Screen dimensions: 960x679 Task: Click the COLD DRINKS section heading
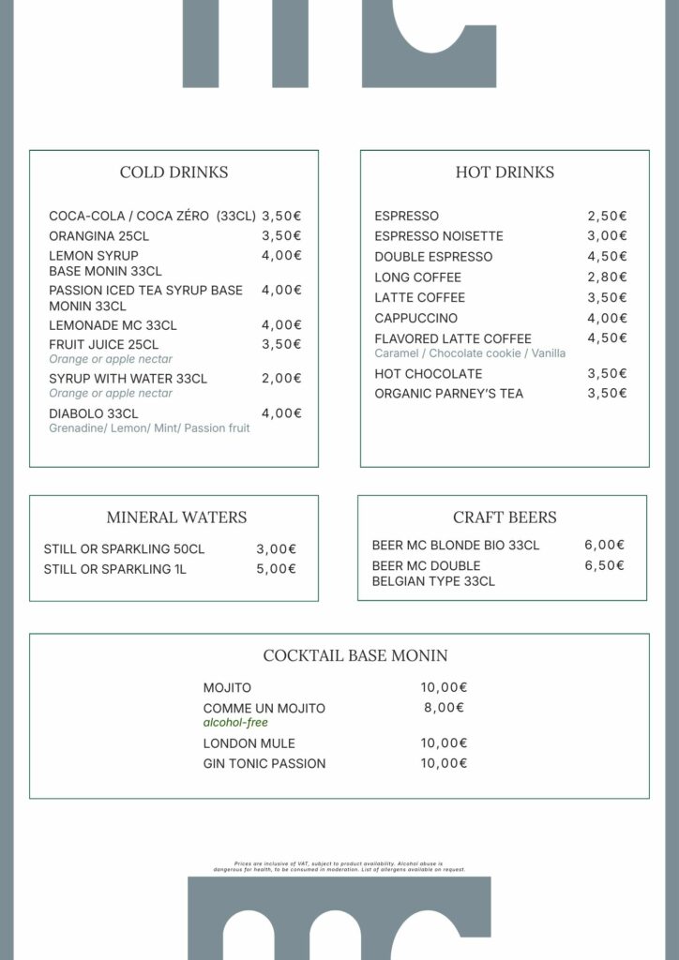pyautogui.click(x=174, y=172)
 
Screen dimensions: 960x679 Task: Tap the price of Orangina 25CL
pyautogui.click(x=281, y=236)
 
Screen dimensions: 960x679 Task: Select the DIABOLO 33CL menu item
pyautogui.click(x=94, y=413)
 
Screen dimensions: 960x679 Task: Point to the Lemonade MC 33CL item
pyautogui.click(x=113, y=325)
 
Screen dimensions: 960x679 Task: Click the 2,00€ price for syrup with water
pyautogui.click(x=281, y=379)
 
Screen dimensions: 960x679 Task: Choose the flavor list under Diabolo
pyautogui.click(x=149, y=428)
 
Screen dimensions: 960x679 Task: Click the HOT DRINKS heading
pyautogui.click(x=505, y=172)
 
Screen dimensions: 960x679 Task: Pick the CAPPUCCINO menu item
pyautogui.click(x=416, y=319)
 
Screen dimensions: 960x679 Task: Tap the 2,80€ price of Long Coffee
pyautogui.click(x=607, y=277)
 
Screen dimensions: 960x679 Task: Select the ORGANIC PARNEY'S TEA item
pyautogui.click(x=449, y=394)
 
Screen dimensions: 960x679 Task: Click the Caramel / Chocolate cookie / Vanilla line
pyautogui.click(x=470, y=353)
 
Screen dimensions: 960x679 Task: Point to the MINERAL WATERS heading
pyautogui.click(x=176, y=517)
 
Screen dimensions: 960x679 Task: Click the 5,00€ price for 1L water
pyautogui.click(x=276, y=569)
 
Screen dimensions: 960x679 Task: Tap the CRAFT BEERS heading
pyautogui.click(x=505, y=517)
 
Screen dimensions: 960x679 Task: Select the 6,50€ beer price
pyautogui.click(x=604, y=566)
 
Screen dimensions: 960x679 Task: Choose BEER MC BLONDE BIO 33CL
pyautogui.click(x=456, y=546)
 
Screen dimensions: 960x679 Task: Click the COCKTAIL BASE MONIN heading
pyautogui.click(x=355, y=656)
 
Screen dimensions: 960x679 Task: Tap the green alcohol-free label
pyautogui.click(x=235, y=723)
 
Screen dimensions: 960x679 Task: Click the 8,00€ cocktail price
pyautogui.click(x=444, y=709)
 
